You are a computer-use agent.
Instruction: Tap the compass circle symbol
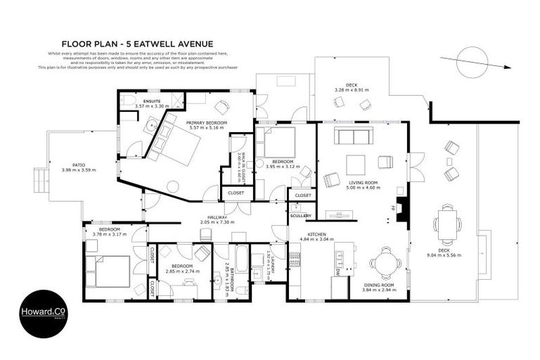(x=472, y=60)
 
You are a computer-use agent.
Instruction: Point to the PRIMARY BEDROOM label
(x=206, y=122)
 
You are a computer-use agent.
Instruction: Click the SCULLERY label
(x=300, y=216)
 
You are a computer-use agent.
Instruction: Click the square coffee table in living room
(x=355, y=165)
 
